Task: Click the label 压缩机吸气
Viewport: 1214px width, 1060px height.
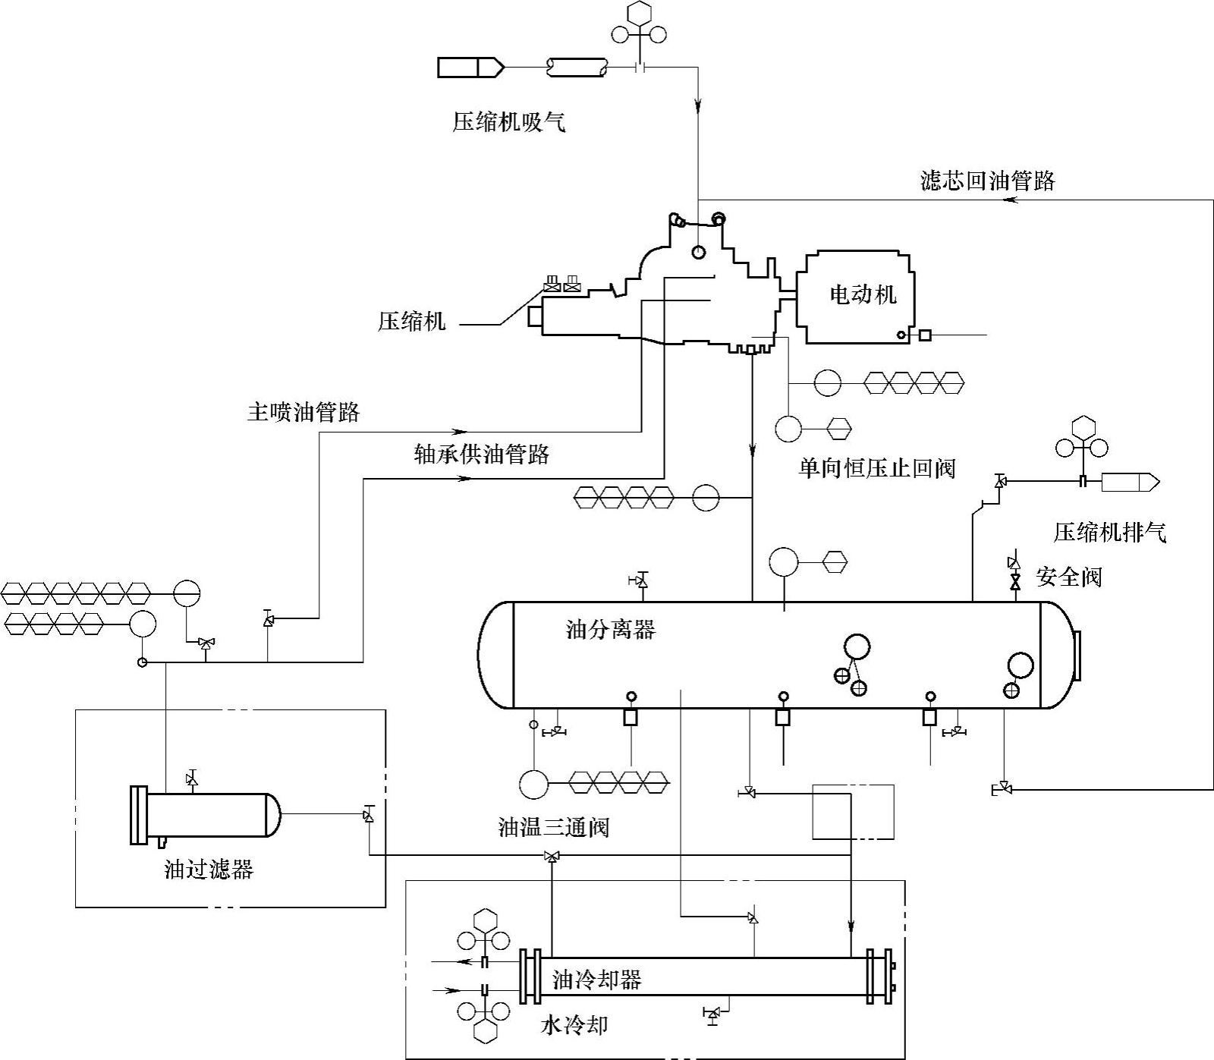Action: pos(509,122)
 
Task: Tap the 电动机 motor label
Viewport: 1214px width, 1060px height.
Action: pos(863,294)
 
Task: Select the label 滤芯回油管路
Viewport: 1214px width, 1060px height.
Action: pos(987,181)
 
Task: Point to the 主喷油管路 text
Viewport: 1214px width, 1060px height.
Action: pos(303,413)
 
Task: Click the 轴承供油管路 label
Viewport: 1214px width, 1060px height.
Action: pos(481,455)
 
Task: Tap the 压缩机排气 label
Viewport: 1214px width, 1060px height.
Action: pos(1109,533)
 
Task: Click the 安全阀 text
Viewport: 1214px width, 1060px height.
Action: pos(1068,577)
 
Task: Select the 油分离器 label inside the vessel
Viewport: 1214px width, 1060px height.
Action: pos(611,629)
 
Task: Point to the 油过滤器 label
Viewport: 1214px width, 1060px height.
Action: pos(209,870)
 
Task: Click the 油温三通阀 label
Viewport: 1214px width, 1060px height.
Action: pos(554,827)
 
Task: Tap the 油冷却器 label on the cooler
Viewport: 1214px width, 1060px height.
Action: pos(597,980)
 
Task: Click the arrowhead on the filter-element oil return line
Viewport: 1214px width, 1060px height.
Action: pos(1010,200)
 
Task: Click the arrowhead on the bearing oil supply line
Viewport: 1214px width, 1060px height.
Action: pos(463,479)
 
